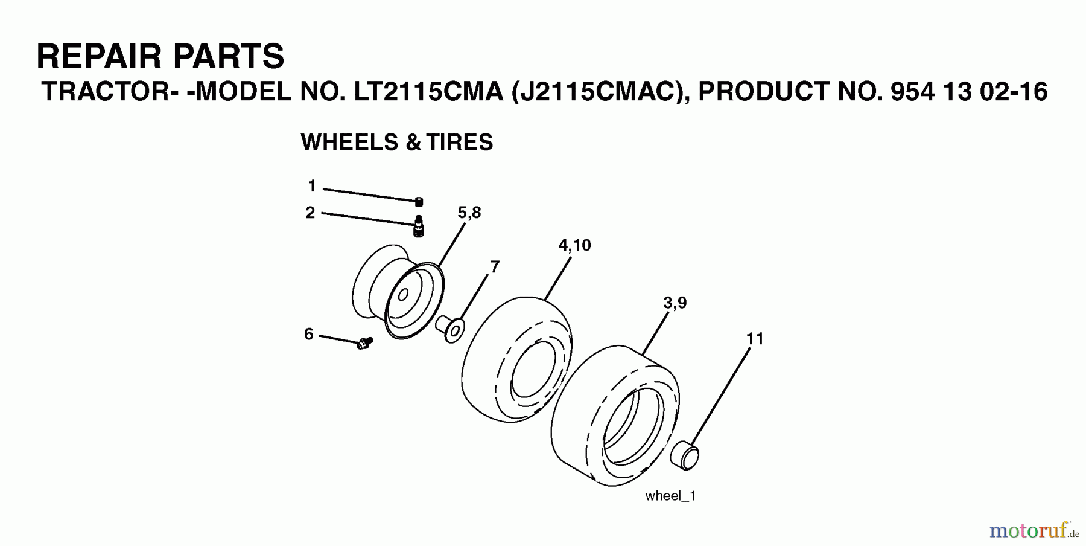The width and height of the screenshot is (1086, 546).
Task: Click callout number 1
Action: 312,186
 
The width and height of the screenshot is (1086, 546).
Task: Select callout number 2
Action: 310,213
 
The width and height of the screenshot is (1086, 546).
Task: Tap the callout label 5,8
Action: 469,213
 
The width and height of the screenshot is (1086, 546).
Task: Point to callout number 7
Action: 495,266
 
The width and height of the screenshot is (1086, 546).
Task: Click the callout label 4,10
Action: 574,245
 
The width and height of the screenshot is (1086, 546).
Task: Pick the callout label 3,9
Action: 675,303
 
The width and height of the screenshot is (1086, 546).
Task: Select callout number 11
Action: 755,339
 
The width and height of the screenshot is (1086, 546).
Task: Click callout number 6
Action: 309,334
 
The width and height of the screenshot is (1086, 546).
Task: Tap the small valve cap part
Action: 419,202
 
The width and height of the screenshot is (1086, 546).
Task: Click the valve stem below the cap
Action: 418,227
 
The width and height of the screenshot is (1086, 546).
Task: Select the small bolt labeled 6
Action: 364,343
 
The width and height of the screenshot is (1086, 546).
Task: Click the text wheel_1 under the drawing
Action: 670,496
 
